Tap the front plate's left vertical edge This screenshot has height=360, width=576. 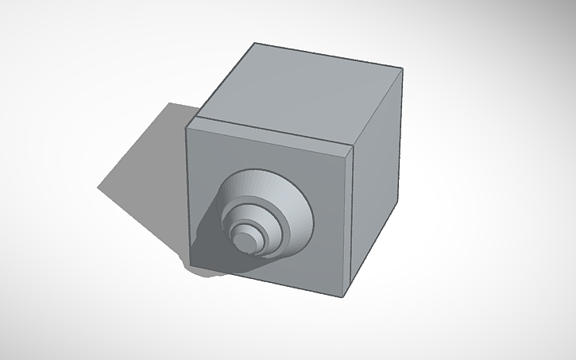pyautogui.click(x=187, y=199)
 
